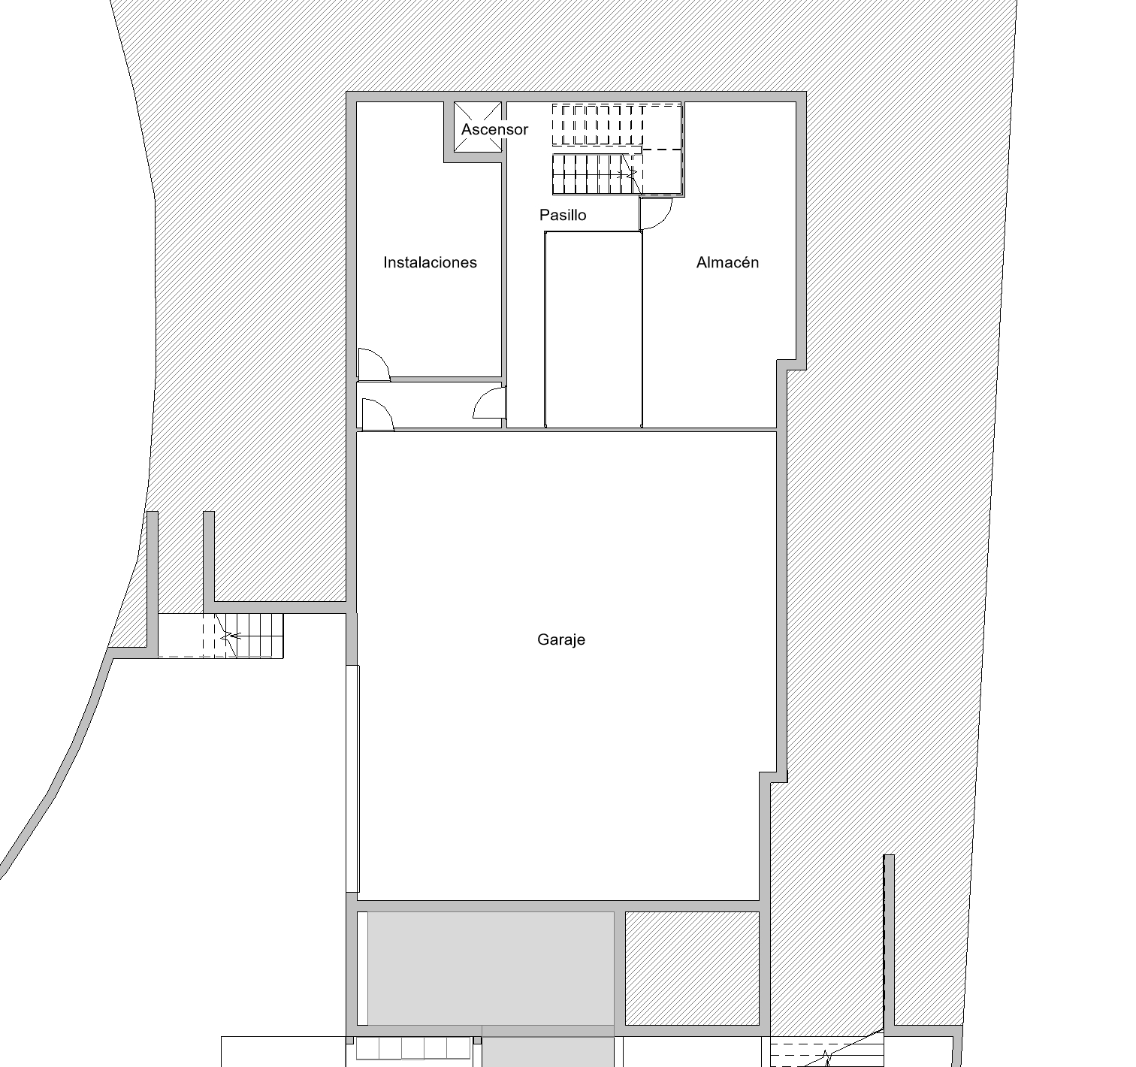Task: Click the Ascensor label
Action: [495, 129]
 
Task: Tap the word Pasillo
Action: [563, 215]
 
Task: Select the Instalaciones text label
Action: [431, 262]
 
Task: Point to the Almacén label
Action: [727, 262]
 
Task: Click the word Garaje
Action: [561, 639]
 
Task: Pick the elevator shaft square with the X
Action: [478, 127]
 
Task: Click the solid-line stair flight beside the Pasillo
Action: [596, 174]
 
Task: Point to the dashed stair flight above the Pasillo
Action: [598, 125]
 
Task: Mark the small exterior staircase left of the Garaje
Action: [221, 636]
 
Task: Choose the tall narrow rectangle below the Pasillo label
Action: [593, 329]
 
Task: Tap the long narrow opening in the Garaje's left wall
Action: [352, 778]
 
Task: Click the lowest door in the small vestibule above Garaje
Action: [378, 415]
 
